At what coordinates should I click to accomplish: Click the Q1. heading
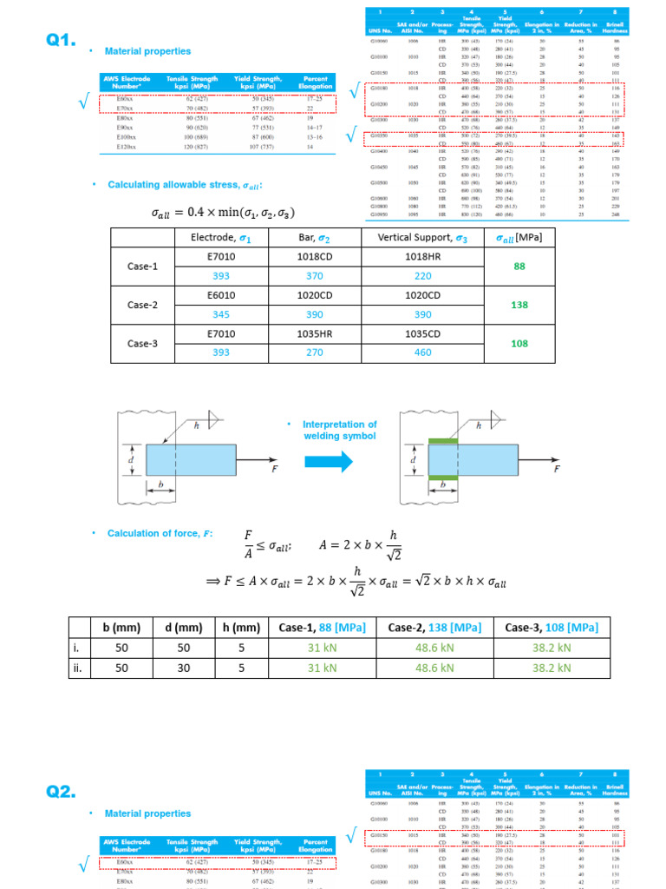(x=62, y=40)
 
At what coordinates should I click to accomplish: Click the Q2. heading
(x=62, y=791)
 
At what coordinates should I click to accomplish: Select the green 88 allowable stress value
(x=519, y=266)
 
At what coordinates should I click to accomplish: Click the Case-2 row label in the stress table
(x=142, y=305)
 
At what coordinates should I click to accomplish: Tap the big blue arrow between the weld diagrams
(x=330, y=461)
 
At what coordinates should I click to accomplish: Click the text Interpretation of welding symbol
(x=339, y=430)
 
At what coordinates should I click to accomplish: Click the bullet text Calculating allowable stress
(x=183, y=185)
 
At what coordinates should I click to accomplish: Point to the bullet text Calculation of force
(x=159, y=533)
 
